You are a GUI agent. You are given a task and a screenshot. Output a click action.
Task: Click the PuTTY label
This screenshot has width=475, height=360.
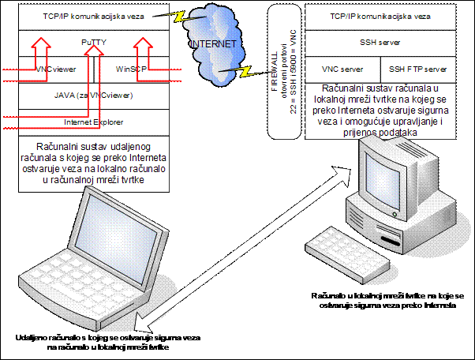tap(94, 39)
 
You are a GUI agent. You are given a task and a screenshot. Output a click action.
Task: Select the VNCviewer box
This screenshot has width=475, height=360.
tap(55, 69)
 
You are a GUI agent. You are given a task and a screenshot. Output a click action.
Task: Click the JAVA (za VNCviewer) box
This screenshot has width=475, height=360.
tap(94, 96)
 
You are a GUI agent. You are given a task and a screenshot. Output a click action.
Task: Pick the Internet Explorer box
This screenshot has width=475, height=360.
tap(94, 122)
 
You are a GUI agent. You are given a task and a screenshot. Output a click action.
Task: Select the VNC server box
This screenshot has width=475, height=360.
tap(340, 69)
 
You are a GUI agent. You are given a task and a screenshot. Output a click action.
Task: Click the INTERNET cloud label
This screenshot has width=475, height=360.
tap(214, 44)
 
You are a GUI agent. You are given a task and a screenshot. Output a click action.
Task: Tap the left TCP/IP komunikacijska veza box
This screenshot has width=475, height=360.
tap(94, 16)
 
